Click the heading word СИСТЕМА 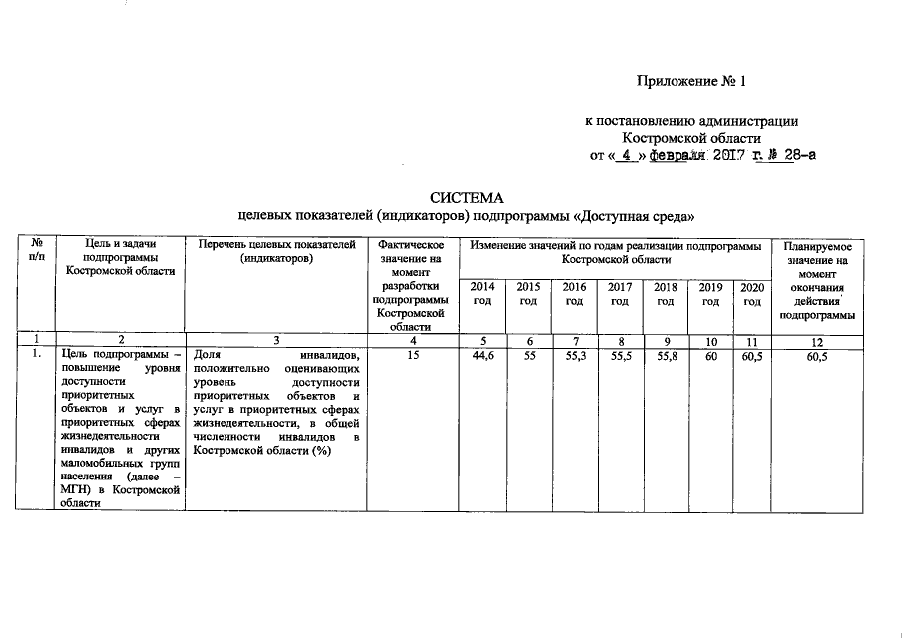(467, 197)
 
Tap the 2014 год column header (482, 294)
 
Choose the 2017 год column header (619, 294)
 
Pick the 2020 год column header (751, 294)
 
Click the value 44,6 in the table (482, 355)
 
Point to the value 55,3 (574, 355)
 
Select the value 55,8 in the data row (665, 355)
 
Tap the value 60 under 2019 (710, 355)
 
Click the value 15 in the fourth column (411, 355)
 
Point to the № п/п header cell (36, 250)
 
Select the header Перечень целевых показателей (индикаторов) (276, 251)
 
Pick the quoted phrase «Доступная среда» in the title (631, 215)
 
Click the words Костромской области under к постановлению (691, 138)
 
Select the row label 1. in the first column (36, 355)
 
